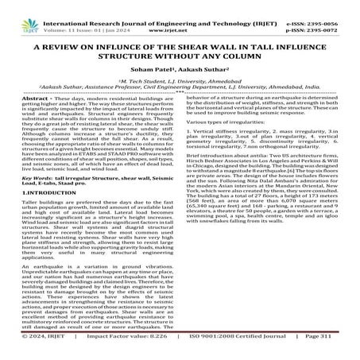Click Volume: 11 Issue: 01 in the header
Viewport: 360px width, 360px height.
(x=83, y=16)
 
